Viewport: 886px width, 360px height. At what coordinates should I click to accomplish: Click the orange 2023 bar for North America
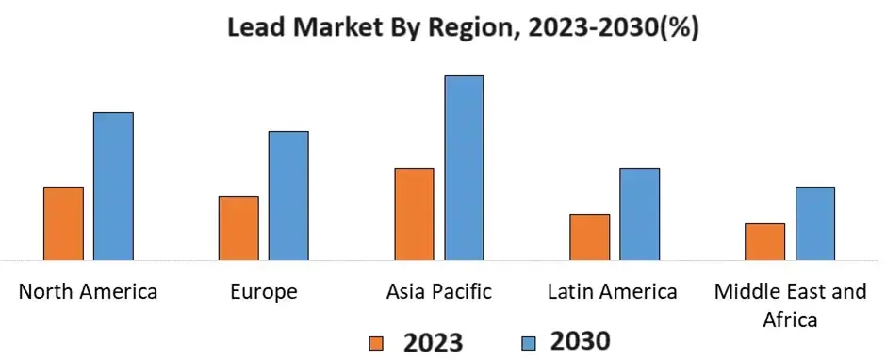click(63, 222)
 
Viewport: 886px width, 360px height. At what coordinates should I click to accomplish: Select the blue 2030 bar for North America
click(113, 186)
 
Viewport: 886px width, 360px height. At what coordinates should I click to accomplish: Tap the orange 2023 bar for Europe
click(238, 227)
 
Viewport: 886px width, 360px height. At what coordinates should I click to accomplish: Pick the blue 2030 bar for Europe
click(288, 195)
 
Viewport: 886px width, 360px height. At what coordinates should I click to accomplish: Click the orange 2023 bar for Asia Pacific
click(414, 213)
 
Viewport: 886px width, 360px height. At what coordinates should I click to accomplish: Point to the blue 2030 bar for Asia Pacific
click(464, 167)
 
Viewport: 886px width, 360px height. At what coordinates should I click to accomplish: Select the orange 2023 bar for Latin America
click(589, 237)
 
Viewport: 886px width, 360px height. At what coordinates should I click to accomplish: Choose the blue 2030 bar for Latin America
click(639, 213)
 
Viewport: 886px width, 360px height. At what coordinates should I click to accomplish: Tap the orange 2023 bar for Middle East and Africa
click(764, 241)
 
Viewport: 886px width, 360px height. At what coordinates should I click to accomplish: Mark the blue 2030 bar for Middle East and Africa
click(814, 222)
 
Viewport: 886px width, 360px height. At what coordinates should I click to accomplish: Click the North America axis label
click(89, 291)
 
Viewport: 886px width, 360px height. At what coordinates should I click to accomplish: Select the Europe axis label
click(264, 291)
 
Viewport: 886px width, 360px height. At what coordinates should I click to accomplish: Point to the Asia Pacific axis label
click(439, 291)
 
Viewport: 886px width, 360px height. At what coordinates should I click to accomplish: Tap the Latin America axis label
click(613, 291)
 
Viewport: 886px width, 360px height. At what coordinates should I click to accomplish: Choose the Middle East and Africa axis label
click(790, 304)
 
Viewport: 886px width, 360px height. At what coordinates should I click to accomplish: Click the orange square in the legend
click(376, 341)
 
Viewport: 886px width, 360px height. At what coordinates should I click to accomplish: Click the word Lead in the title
click(258, 27)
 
